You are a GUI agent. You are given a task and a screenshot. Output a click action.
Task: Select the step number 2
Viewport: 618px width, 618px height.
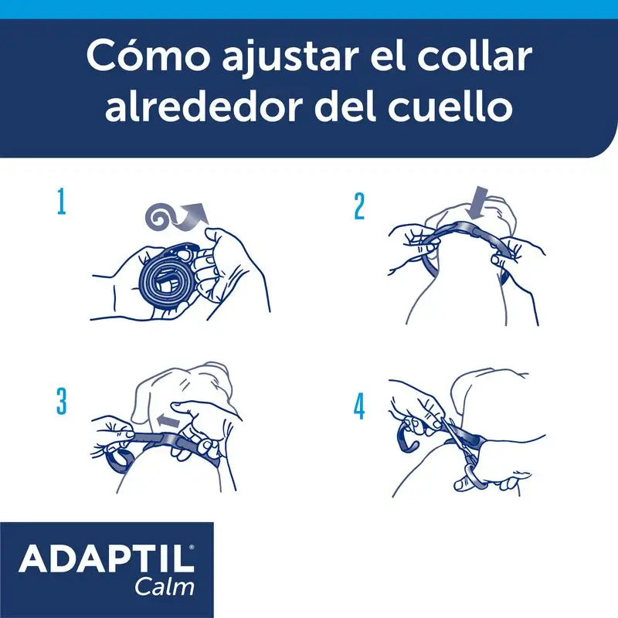tap(359, 205)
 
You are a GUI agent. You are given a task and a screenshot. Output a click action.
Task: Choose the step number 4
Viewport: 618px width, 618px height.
tap(359, 406)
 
